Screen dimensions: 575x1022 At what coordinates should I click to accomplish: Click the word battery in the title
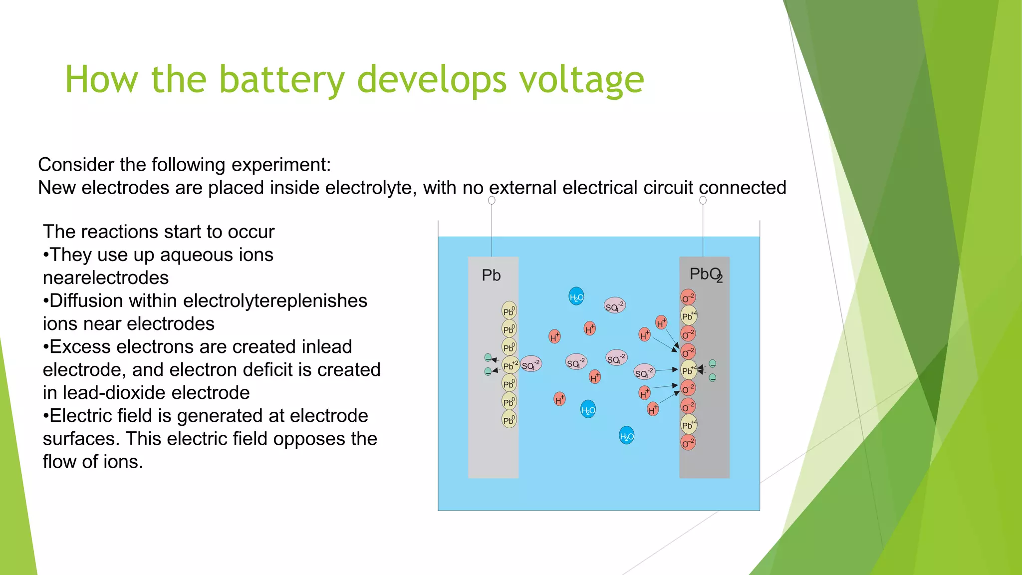(x=282, y=80)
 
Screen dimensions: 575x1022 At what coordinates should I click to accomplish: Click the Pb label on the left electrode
(x=491, y=276)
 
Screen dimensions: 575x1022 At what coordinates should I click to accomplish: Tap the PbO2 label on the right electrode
(x=706, y=275)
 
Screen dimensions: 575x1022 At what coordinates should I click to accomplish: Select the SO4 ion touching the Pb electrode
(x=531, y=365)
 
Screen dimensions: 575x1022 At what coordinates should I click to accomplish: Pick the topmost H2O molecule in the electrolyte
(x=576, y=297)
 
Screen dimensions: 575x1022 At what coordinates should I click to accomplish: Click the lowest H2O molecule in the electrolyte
(x=626, y=436)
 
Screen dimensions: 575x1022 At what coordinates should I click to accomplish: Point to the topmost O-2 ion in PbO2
(x=688, y=297)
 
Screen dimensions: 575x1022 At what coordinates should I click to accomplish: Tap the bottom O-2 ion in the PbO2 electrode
(x=688, y=443)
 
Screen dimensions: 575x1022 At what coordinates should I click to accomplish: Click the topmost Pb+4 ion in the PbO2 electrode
(x=689, y=315)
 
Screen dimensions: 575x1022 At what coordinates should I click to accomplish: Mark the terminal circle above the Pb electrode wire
(x=492, y=200)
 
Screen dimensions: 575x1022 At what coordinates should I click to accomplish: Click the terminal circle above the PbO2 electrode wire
(x=703, y=200)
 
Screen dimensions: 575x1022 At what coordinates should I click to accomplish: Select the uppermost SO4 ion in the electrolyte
(x=614, y=305)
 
